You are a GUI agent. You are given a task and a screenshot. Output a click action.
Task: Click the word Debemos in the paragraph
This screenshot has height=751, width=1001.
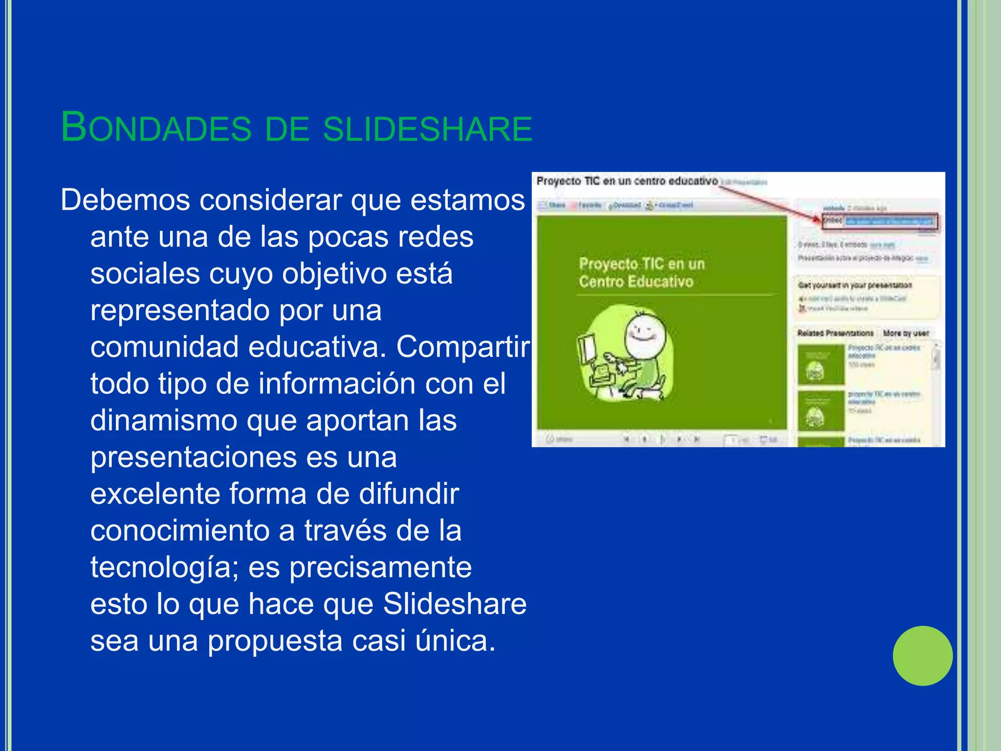click(125, 200)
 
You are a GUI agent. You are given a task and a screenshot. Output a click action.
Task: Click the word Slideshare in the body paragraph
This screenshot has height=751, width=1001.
click(455, 604)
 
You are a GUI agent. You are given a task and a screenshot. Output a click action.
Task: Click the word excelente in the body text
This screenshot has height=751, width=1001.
click(155, 494)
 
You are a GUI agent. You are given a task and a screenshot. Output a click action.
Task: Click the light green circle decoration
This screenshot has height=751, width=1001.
click(922, 656)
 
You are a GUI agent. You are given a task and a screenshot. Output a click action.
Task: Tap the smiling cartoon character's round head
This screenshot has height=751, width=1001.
click(646, 335)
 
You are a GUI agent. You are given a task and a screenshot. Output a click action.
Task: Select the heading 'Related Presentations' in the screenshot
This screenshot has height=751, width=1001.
click(835, 333)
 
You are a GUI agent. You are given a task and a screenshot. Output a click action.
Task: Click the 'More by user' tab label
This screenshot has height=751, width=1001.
click(906, 333)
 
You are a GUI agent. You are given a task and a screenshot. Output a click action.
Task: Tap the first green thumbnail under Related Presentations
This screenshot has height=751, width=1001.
click(821, 364)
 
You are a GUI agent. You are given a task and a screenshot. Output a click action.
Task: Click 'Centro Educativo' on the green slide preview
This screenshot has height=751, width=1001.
click(636, 282)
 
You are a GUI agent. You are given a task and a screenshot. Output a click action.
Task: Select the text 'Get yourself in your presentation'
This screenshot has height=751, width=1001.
click(854, 285)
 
